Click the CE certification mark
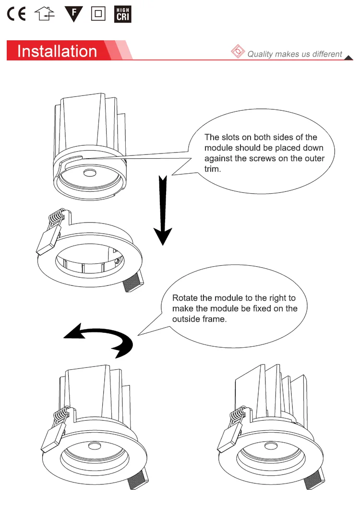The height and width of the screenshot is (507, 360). [16, 14]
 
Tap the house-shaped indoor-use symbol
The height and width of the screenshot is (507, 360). [45, 14]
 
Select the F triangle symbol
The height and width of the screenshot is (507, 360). [73, 14]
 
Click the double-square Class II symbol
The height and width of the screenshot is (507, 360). [98, 14]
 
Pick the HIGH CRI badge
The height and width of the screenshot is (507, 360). [123, 14]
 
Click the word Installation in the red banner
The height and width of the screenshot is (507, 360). [57, 51]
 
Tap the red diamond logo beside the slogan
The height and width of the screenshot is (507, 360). [238, 52]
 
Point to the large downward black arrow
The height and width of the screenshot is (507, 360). [163, 211]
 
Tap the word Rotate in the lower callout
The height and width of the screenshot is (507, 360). [185, 298]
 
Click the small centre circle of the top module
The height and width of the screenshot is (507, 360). [89, 173]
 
